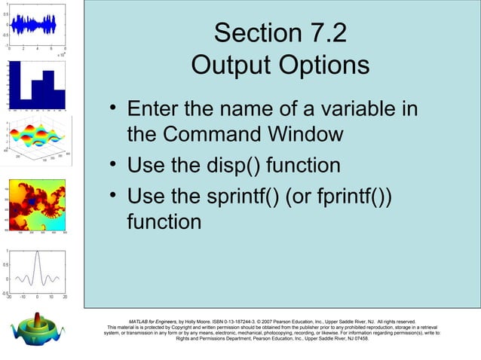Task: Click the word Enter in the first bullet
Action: coord(155,109)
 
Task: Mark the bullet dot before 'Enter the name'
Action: coord(112,110)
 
